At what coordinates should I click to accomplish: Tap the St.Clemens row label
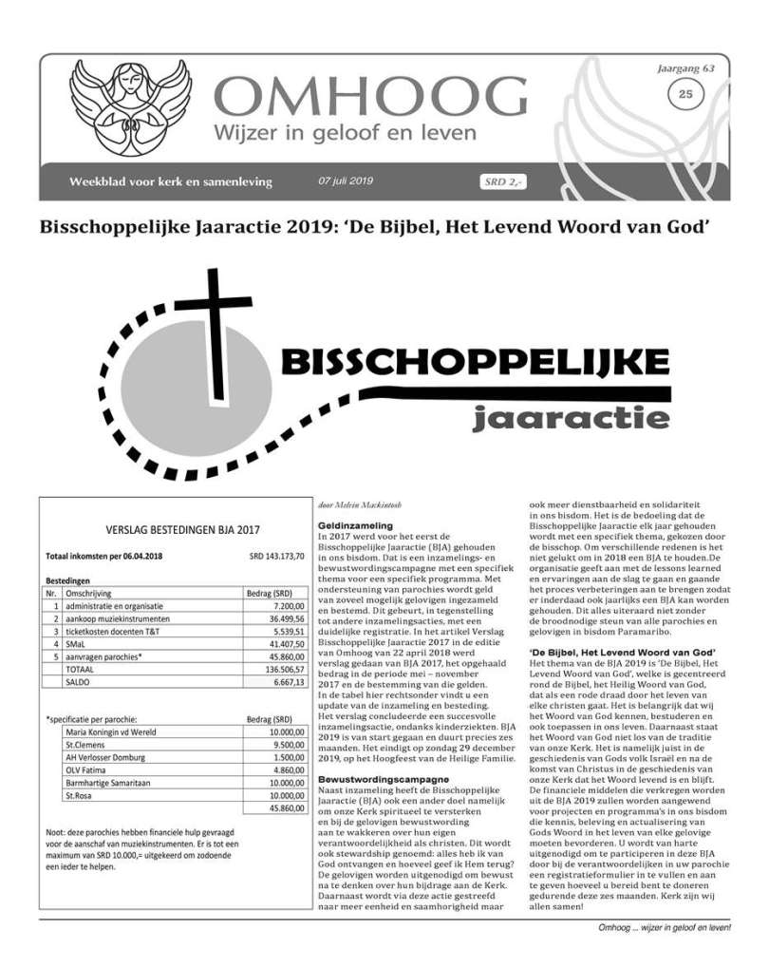click(x=86, y=747)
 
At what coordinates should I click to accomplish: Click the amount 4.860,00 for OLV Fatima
click(x=284, y=773)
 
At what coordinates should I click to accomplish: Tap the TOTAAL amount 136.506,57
click(x=280, y=670)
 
